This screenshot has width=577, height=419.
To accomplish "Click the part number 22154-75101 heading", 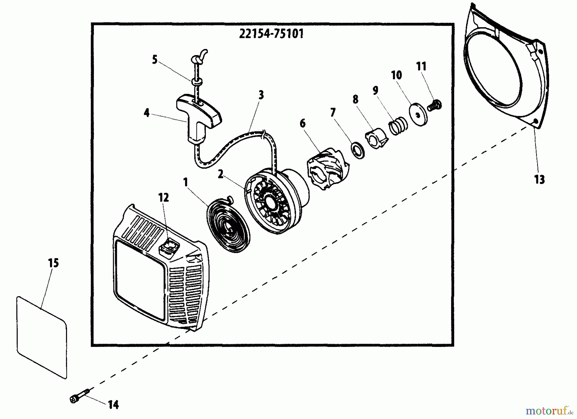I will coord(271,34).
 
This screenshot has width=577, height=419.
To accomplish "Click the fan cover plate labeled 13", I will coord(506,71).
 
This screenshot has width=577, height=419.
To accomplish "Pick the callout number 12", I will coord(163,197).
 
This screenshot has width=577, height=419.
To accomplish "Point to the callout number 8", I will coord(355,100).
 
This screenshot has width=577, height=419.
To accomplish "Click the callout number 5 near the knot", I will coord(155,60).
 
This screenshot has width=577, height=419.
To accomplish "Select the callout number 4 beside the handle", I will coord(146,113).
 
